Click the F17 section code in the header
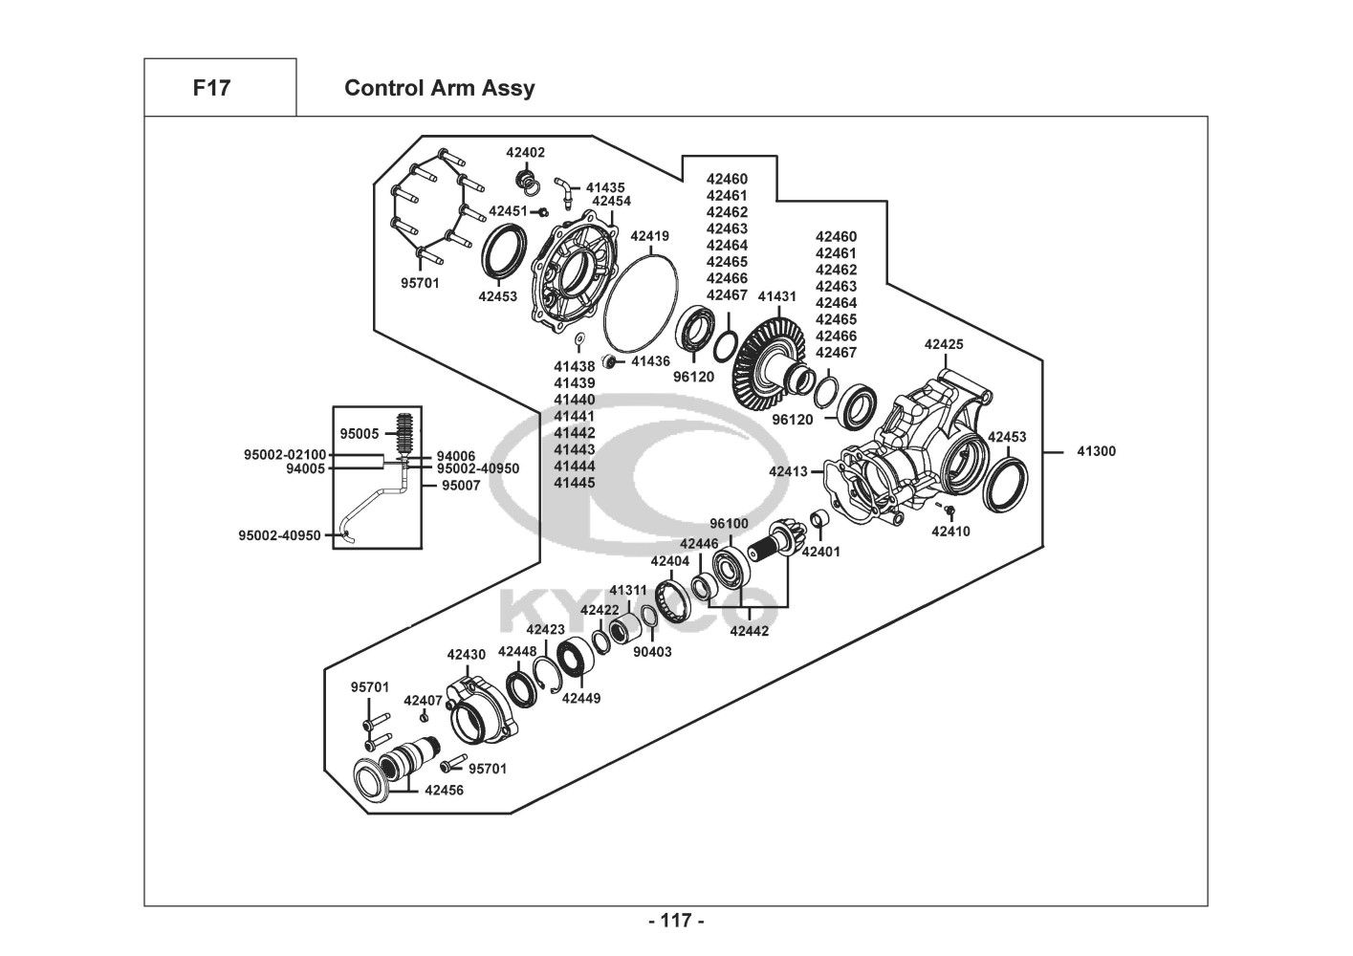tap(211, 88)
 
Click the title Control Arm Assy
tap(440, 88)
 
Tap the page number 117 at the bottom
tap(676, 921)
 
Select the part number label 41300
tap(1097, 451)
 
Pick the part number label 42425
tap(944, 344)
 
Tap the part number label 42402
tap(526, 152)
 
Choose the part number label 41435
tap(605, 187)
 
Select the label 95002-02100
tap(285, 454)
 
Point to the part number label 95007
tap(462, 485)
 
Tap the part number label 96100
tap(729, 523)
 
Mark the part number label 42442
tap(750, 631)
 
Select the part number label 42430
tap(467, 655)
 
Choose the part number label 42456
tap(444, 790)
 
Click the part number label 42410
tap(950, 532)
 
